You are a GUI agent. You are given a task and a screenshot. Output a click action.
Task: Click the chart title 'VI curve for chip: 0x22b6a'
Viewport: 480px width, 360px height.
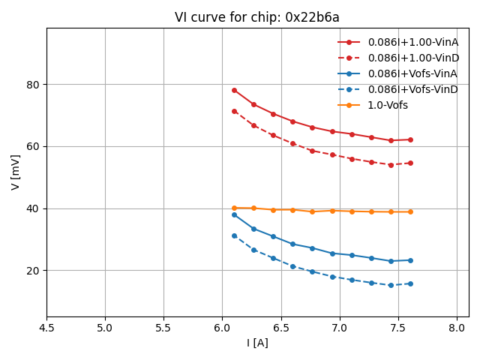257,17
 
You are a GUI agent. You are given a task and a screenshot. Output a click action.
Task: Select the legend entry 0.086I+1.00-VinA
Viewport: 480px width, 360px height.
412,42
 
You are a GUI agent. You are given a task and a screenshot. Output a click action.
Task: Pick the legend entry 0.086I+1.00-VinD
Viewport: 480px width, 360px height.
412,58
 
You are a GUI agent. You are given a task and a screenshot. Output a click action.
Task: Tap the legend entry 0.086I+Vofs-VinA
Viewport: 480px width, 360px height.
412,73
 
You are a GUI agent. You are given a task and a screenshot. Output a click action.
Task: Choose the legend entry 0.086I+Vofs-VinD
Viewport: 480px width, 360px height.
412,89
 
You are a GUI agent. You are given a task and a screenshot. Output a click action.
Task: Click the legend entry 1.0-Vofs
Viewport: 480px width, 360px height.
388,105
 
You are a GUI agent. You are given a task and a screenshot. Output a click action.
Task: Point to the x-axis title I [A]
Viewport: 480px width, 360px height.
257,343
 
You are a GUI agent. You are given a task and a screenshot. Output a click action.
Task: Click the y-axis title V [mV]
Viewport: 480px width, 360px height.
16,172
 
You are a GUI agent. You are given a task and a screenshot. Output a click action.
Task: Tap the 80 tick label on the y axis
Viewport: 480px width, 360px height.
33,84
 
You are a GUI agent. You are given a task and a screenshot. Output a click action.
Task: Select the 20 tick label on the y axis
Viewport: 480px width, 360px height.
33,271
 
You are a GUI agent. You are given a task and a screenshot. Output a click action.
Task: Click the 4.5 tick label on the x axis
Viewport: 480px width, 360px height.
46,328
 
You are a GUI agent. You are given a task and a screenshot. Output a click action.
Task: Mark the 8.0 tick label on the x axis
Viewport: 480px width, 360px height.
457,328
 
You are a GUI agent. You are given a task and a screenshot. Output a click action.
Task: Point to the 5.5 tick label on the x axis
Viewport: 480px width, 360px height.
163,328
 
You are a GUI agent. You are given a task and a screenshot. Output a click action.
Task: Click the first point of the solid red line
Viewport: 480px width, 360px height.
234,90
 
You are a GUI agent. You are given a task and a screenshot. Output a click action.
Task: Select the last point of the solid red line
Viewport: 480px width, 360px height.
410,139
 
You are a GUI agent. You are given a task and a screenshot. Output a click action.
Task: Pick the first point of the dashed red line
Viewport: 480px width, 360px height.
234,111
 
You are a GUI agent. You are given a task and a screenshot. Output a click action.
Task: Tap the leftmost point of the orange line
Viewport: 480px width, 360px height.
234,208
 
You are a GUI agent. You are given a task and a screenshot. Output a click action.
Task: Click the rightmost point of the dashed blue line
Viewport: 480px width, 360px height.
410,283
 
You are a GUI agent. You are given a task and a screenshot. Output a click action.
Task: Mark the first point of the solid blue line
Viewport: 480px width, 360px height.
234,214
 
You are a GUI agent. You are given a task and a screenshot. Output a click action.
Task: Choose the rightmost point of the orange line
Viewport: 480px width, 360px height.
410,211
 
